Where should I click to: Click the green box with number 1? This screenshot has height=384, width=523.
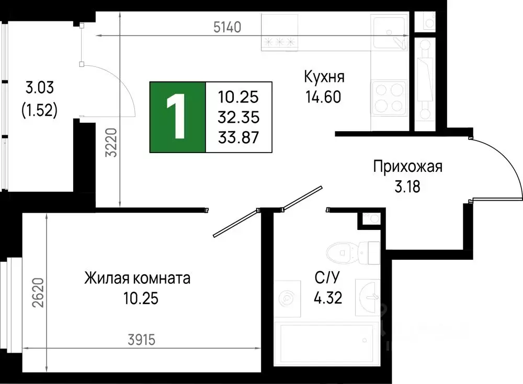point(178,117)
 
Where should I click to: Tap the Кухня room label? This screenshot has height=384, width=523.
point(324,77)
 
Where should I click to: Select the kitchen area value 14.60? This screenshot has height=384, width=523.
point(324,97)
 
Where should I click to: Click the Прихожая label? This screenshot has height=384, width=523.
point(408,167)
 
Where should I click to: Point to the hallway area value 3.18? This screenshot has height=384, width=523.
point(408,187)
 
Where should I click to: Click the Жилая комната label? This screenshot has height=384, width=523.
point(138,278)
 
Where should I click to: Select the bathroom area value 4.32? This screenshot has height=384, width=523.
point(328,298)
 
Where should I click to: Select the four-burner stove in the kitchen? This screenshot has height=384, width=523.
point(389,97)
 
